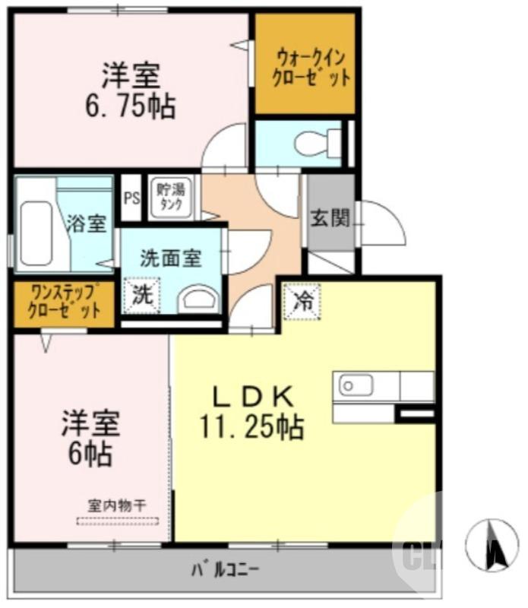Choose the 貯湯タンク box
(x=172, y=197)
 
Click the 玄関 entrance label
(x=330, y=219)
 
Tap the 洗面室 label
(x=171, y=258)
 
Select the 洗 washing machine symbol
(x=142, y=296)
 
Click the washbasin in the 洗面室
(x=198, y=298)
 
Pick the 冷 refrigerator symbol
(x=302, y=300)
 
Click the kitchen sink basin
(x=356, y=387)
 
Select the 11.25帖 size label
(x=251, y=427)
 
